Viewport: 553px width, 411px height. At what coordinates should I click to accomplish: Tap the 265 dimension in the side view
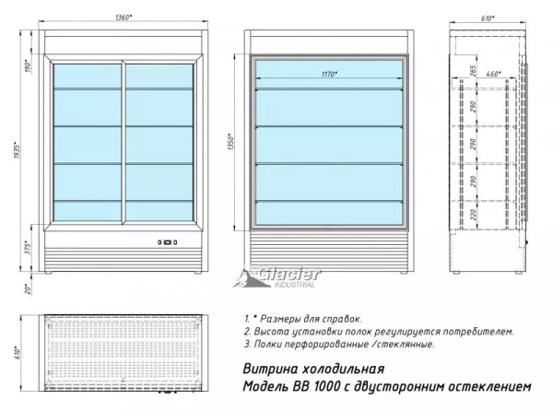coord(470,72)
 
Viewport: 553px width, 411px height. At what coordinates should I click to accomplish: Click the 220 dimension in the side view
coord(470,217)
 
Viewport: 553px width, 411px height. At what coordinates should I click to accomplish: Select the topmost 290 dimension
coord(470,108)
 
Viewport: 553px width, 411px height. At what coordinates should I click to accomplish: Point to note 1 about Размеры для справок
coord(305,316)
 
